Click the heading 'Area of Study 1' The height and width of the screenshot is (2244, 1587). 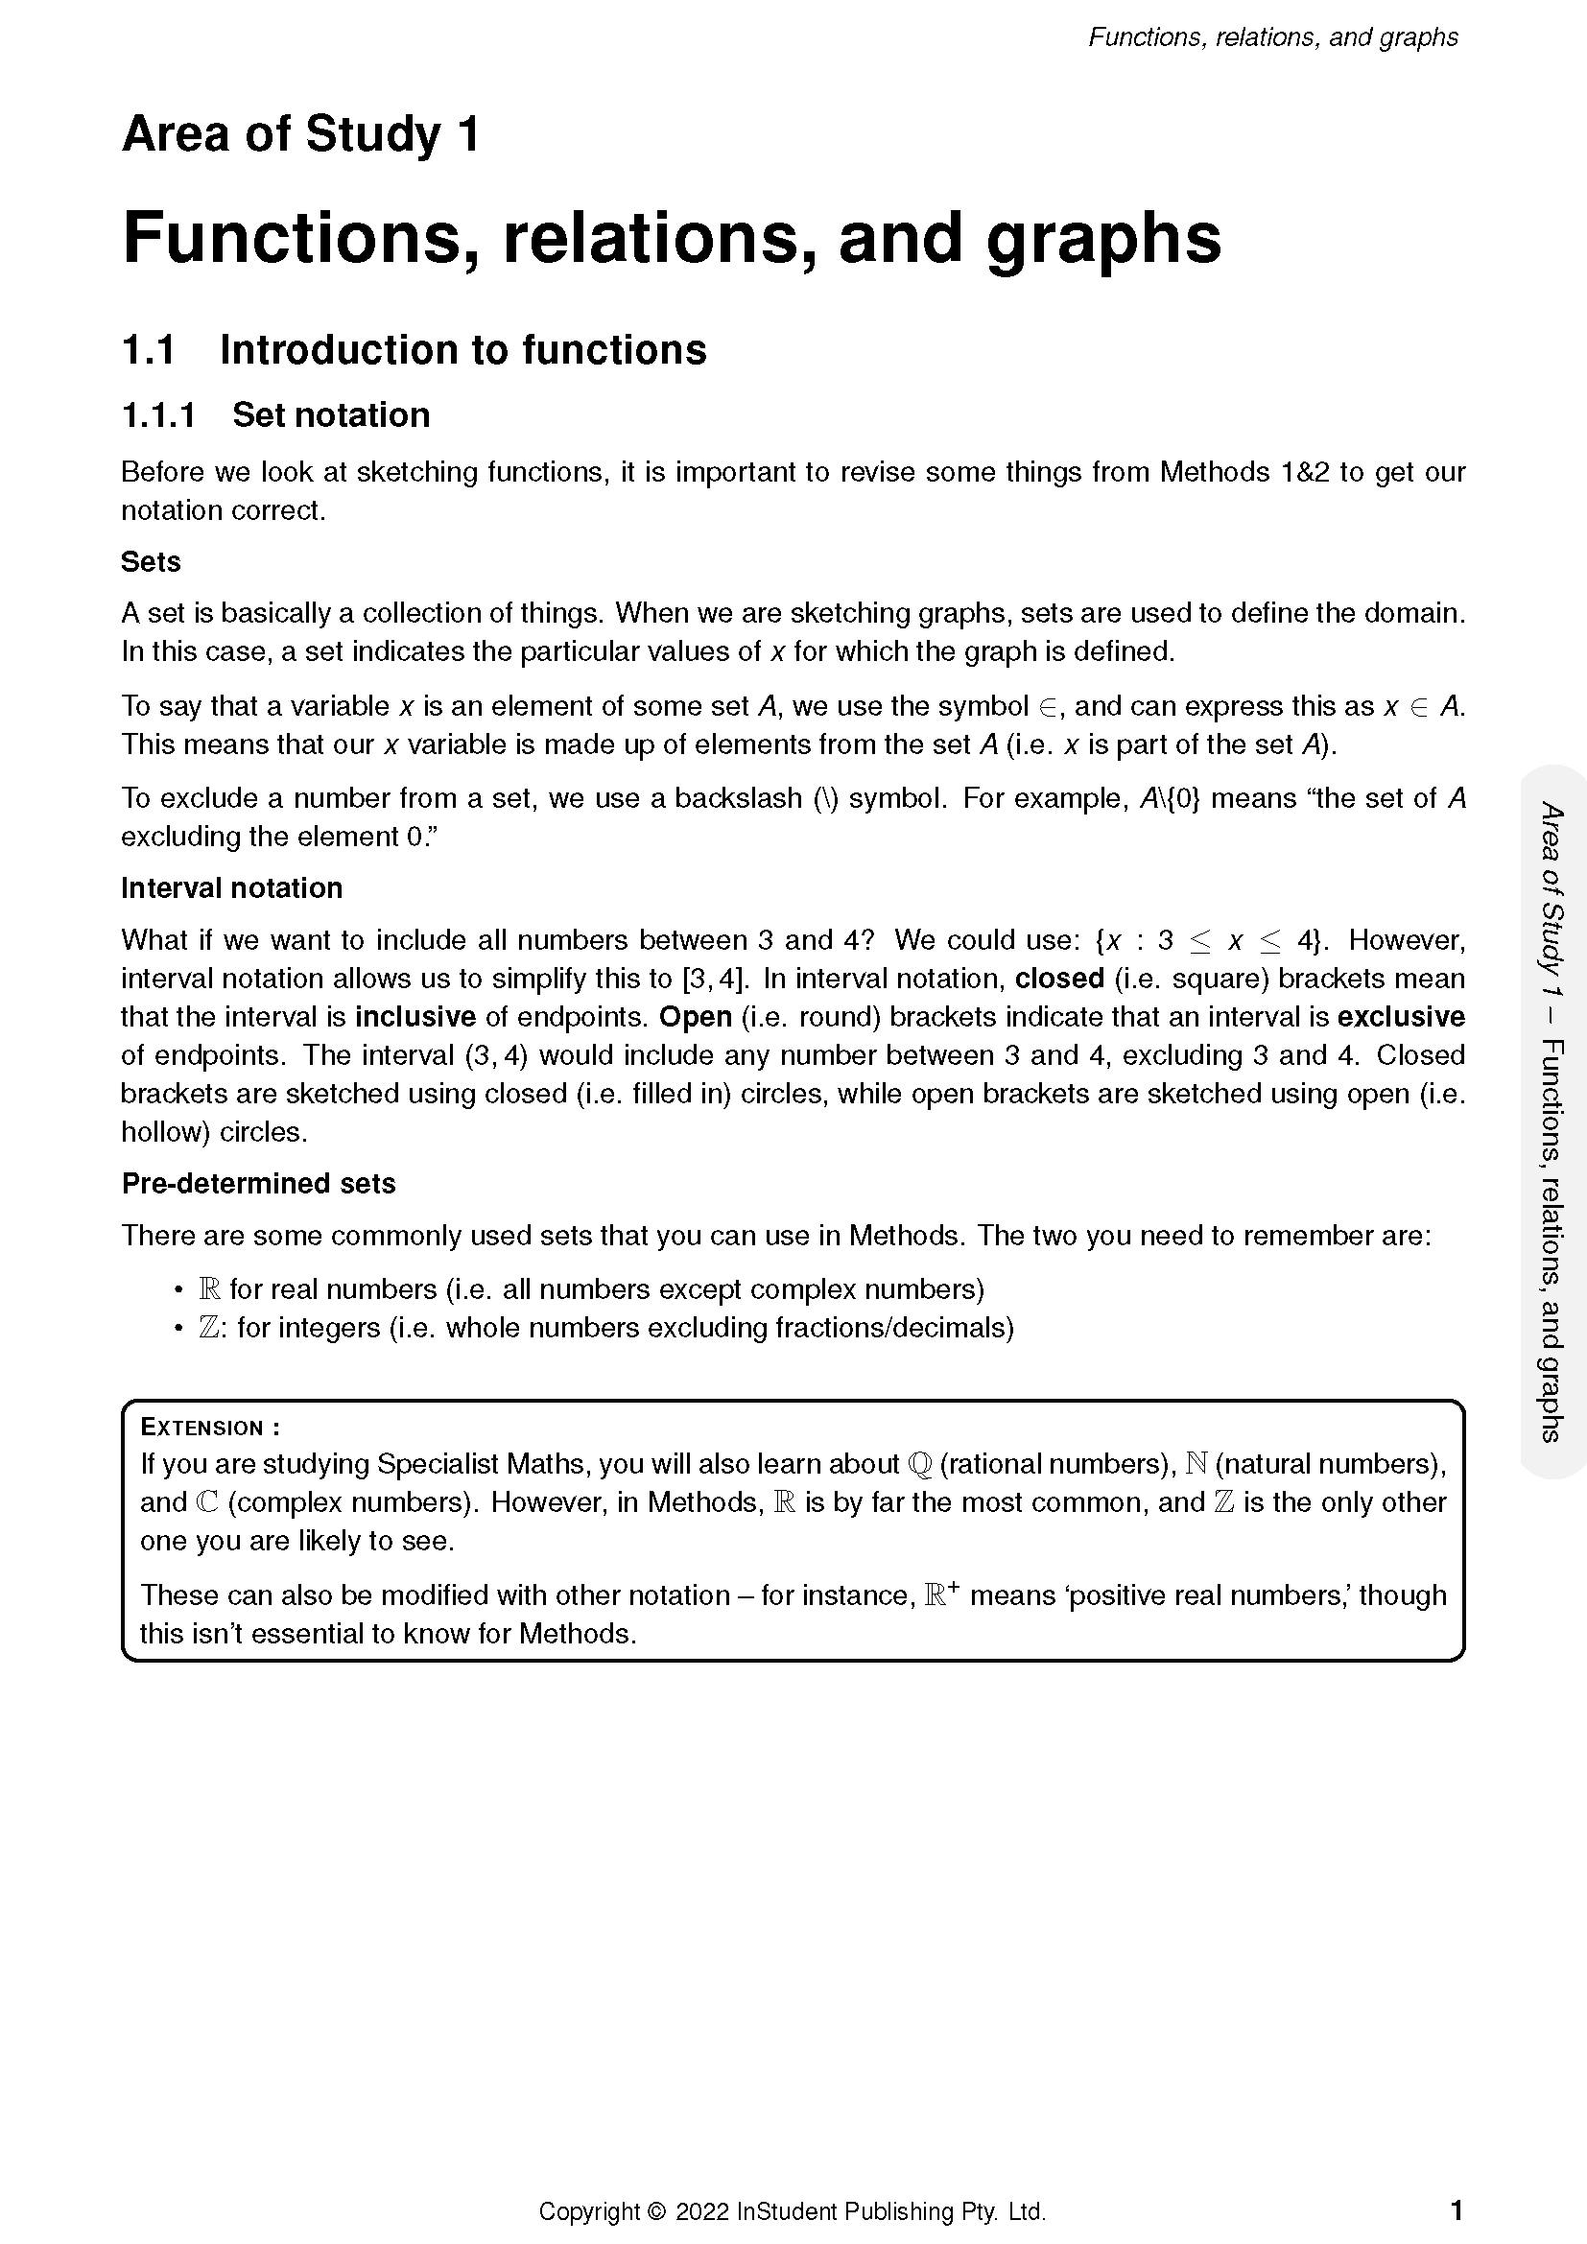(300, 134)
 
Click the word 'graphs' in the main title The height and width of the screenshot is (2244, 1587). (1103, 240)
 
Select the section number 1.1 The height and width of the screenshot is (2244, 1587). (148, 350)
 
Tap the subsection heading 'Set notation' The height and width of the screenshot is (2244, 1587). (330, 415)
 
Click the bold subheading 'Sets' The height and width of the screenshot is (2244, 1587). (151, 562)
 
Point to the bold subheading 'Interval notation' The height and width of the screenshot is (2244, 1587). (231, 888)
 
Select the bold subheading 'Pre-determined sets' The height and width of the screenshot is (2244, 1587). (258, 1184)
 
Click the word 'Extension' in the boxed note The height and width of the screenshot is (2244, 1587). (202, 1428)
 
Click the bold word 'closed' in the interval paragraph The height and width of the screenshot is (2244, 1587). (1059, 979)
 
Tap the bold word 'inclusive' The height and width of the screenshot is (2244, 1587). (415, 1017)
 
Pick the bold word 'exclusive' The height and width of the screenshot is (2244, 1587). (1400, 1017)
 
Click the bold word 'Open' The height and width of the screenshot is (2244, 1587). (695, 1017)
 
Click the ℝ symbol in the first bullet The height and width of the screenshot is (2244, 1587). (209, 1290)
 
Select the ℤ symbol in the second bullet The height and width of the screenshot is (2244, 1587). (208, 1328)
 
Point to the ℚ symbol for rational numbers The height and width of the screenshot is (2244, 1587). (918, 1464)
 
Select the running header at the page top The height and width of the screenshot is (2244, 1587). (1272, 37)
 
